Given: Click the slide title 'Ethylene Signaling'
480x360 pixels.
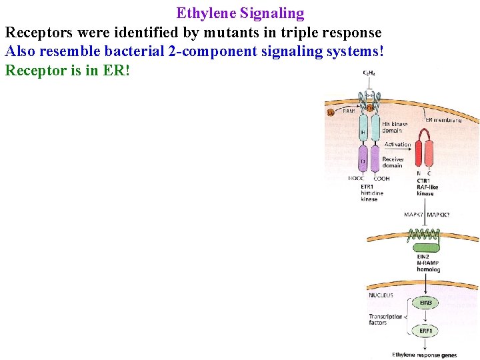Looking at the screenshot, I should (240, 13).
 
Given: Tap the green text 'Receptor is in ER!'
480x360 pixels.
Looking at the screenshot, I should (67, 70).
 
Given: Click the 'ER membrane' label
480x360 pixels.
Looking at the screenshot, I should (443, 119).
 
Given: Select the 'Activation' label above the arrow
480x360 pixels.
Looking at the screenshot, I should (397, 144).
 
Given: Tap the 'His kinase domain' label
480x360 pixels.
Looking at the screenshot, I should (395, 127).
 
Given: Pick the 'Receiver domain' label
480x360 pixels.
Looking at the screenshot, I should (393, 163).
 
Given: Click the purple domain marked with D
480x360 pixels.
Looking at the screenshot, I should (363, 161).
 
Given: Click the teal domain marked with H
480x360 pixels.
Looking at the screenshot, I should (363, 131).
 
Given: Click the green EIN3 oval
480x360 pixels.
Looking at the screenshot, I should (425, 303).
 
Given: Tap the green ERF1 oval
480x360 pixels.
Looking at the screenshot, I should (425, 331).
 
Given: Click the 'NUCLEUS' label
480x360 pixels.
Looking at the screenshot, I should (381, 295).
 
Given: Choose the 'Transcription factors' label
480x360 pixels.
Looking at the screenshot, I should (386, 319).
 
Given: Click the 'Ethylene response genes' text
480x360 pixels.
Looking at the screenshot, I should (425, 355).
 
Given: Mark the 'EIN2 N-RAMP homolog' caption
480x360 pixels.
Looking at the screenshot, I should (427, 263).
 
